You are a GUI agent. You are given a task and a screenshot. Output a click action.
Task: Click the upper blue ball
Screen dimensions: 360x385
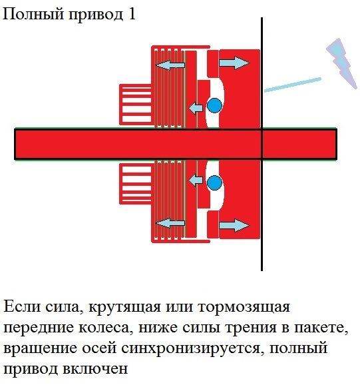[214, 105]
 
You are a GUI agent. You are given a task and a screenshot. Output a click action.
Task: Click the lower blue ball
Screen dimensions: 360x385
[214, 183]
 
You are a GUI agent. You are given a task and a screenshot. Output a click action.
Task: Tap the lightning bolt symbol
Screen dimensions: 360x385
[342, 63]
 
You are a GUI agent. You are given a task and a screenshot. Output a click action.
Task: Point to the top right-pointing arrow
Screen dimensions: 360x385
[234, 63]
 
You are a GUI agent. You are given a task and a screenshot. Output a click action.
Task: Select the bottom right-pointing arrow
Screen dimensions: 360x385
[234, 225]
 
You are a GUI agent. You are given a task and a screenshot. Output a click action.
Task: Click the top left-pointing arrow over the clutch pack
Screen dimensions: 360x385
[170, 65]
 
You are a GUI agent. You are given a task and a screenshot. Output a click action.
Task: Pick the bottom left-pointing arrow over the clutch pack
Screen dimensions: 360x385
[170, 223]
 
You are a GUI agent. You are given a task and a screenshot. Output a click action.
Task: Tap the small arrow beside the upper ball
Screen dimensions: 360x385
[196, 108]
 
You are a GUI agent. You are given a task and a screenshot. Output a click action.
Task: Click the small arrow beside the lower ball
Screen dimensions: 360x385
[196, 181]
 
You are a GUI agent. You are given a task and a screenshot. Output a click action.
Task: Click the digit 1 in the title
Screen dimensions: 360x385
[132, 14]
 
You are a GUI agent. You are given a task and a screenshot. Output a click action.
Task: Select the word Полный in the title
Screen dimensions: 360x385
[33, 15]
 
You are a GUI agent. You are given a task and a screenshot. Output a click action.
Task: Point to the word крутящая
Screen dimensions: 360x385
[124, 308]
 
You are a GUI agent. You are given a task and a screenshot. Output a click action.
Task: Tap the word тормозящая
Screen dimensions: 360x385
[244, 308]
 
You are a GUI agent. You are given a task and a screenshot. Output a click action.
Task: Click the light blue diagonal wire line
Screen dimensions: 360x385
[292, 85]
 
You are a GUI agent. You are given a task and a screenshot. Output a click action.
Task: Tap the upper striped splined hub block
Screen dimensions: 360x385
[136, 105]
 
